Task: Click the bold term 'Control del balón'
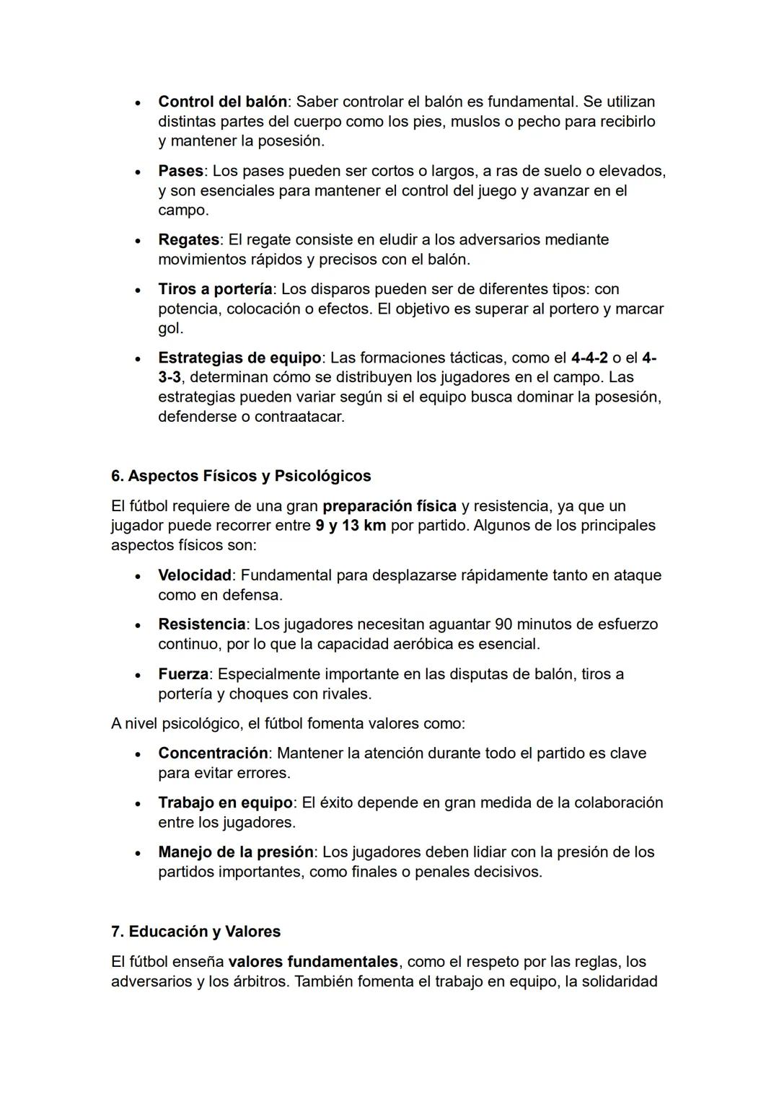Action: pos(222,102)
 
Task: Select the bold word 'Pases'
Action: pos(180,171)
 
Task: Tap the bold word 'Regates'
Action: pos(188,239)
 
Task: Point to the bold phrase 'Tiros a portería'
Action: pos(215,289)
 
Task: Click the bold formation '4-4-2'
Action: pos(589,358)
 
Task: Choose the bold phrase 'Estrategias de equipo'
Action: pos(239,358)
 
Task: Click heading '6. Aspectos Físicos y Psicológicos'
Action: pos(241,476)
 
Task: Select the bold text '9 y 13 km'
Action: pos(351,525)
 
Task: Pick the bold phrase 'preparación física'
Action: pos(389,505)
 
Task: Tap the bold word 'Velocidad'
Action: pos(195,575)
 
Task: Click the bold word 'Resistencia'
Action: pos(202,624)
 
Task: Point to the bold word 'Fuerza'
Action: pos(183,674)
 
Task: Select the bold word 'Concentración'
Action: pos(213,753)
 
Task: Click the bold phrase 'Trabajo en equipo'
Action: pos(225,802)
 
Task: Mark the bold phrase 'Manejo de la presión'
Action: pos(236,852)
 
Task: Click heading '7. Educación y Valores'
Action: pos(195,932)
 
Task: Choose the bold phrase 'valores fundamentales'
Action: pos(313,962)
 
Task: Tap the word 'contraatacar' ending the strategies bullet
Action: pos(299,417)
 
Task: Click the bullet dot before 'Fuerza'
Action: pos(138,675)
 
